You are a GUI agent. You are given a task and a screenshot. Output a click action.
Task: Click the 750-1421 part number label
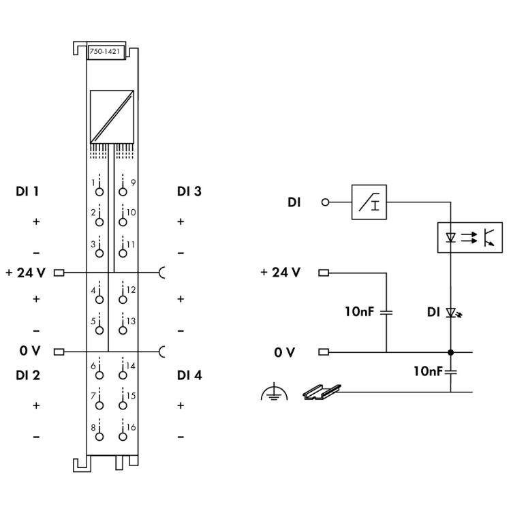(105, 51)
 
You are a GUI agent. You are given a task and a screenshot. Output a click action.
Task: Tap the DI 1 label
(27, 191)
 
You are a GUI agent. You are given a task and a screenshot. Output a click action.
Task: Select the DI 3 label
(189, 191)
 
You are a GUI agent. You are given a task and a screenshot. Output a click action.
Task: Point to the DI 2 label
(27, 375)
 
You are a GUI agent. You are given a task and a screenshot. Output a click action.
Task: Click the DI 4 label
(189, 375)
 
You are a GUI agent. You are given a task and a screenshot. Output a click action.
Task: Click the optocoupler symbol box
(469, 238)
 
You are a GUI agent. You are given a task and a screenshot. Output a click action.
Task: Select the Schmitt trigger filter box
(369, 202)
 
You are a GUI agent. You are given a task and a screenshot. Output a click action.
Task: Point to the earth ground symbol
(274, 393)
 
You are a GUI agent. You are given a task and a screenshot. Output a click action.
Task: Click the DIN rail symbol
(321, 391)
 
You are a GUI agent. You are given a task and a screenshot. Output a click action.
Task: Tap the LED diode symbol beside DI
(450, 313)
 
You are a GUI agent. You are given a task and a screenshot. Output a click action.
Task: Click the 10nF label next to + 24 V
(358, 312)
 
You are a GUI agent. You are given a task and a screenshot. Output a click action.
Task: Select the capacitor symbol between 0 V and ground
(450, 372)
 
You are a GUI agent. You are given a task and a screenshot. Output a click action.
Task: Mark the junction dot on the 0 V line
(450, 352)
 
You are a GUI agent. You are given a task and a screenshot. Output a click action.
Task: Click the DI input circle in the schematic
(325, 202)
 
